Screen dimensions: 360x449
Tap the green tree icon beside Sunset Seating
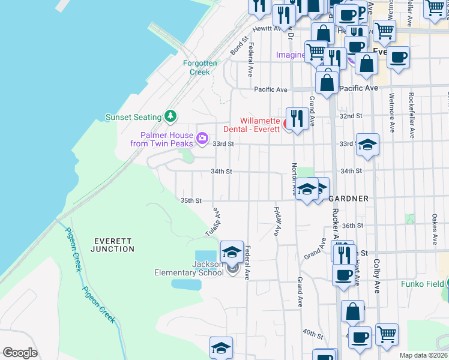point(171,115)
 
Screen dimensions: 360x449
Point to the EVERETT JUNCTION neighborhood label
point(113,245)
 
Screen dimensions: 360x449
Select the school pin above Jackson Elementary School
point(232,252)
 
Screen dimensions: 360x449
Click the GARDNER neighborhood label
point(348,198)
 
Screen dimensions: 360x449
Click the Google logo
point(20,353)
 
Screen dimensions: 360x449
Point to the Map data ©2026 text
point(423,355)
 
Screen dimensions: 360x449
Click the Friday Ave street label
point(277,221)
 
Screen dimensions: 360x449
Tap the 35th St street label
point(191,200)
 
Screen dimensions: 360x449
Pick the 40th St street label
point(313,333)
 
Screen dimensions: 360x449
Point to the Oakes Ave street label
point(435,230)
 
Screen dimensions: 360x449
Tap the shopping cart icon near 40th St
point(387,334)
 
